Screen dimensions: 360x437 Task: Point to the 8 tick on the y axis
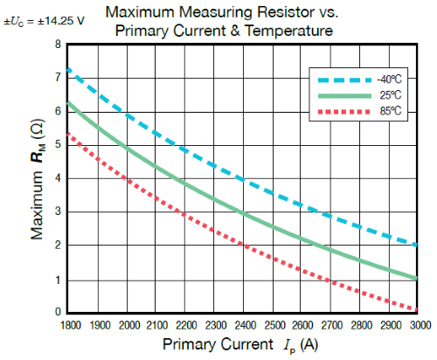58,45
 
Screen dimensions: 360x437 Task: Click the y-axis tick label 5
58,145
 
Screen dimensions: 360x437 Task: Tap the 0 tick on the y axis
58,312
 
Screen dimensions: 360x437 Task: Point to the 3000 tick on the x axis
418,324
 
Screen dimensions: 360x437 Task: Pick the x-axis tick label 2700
330,324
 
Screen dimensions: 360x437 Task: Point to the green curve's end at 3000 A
417,278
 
